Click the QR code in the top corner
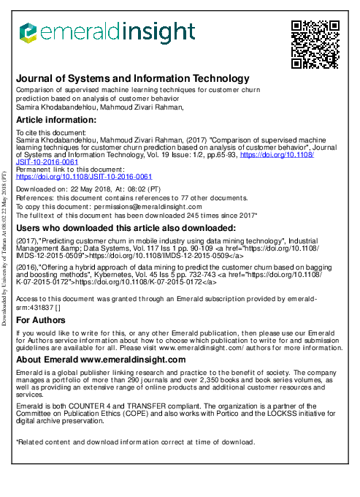[x=315, y=45]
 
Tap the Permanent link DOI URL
[x=84, y=177]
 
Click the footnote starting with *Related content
[x=135, y=442]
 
